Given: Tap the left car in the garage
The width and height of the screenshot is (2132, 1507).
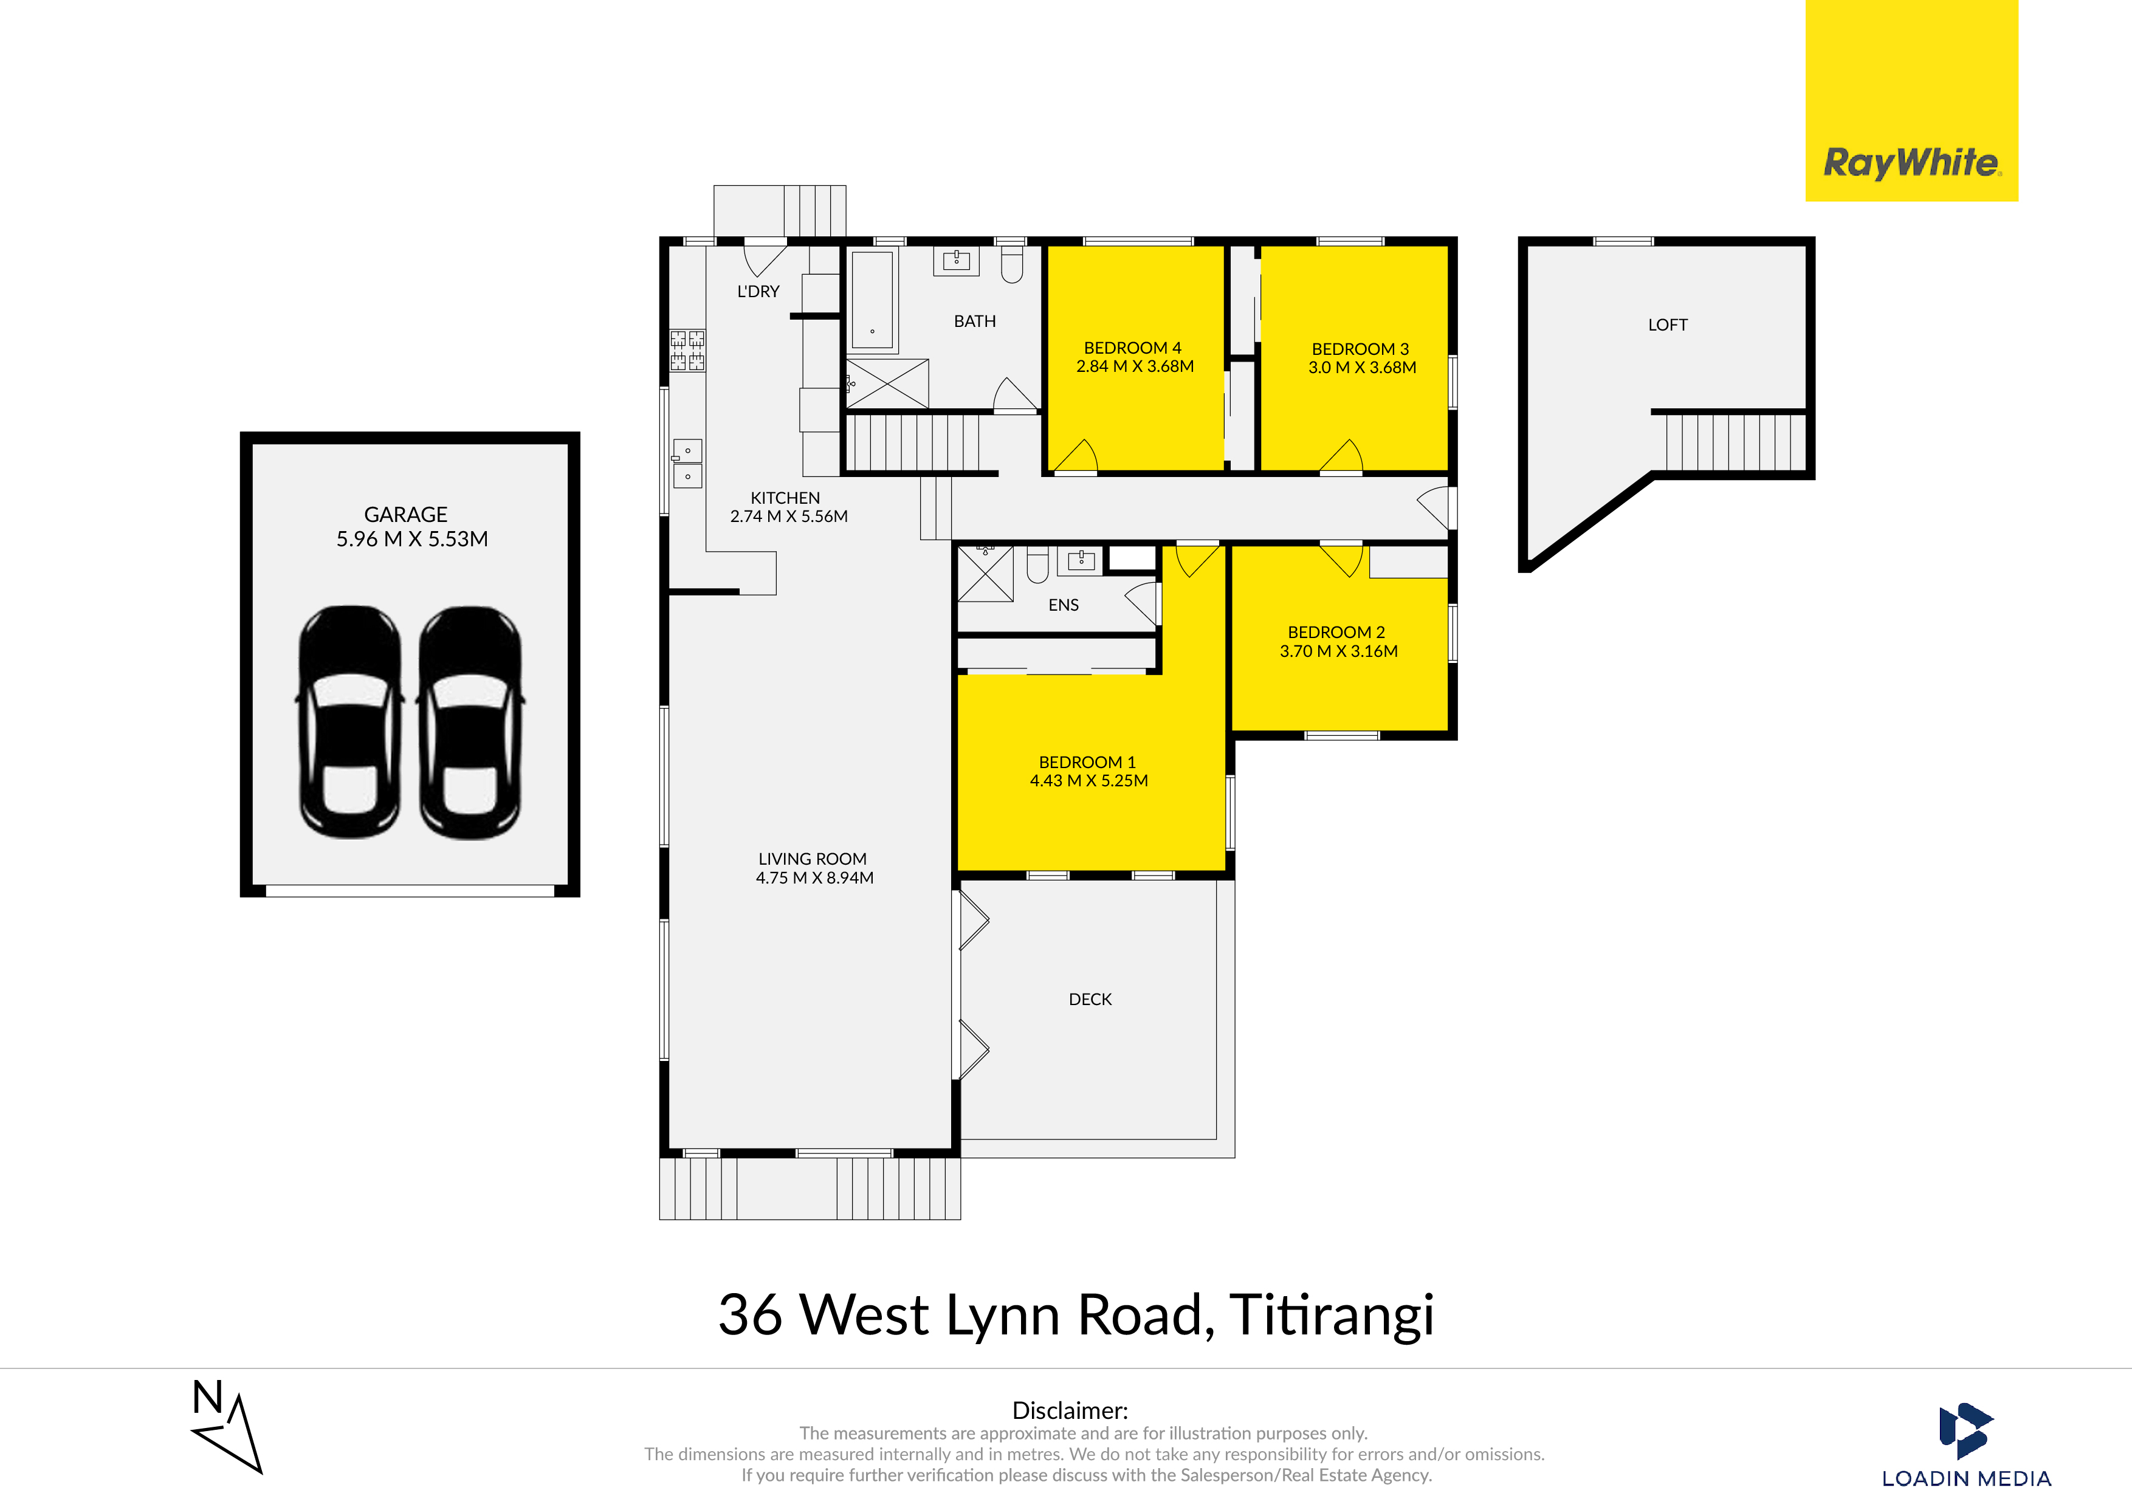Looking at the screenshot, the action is click(350, 723).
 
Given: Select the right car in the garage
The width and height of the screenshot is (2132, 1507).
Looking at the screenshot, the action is click(471, 723).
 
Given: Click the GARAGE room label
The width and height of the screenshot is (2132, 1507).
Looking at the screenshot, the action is click(406, 515).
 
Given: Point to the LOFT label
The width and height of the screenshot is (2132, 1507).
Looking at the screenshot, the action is click(1668, 325).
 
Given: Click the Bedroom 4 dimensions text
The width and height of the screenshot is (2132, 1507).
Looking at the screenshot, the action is click(1135, 367).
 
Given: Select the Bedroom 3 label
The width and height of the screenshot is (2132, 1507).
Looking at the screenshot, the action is click(1360, 349).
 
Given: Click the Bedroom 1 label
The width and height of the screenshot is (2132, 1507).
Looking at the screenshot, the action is click(1087, 763).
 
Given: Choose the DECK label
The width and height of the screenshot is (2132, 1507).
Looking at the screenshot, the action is click(1090, 999).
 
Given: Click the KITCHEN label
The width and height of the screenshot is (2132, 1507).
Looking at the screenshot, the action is click(786, 498).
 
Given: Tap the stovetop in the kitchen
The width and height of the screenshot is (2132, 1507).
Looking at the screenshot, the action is click(687, 351).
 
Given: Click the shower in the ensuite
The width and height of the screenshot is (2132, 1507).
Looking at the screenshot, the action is click(985, 574).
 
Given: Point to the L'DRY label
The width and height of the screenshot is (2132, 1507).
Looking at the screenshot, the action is click(758, 292).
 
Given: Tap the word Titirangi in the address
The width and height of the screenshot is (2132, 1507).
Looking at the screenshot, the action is click(1332, 1316).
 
